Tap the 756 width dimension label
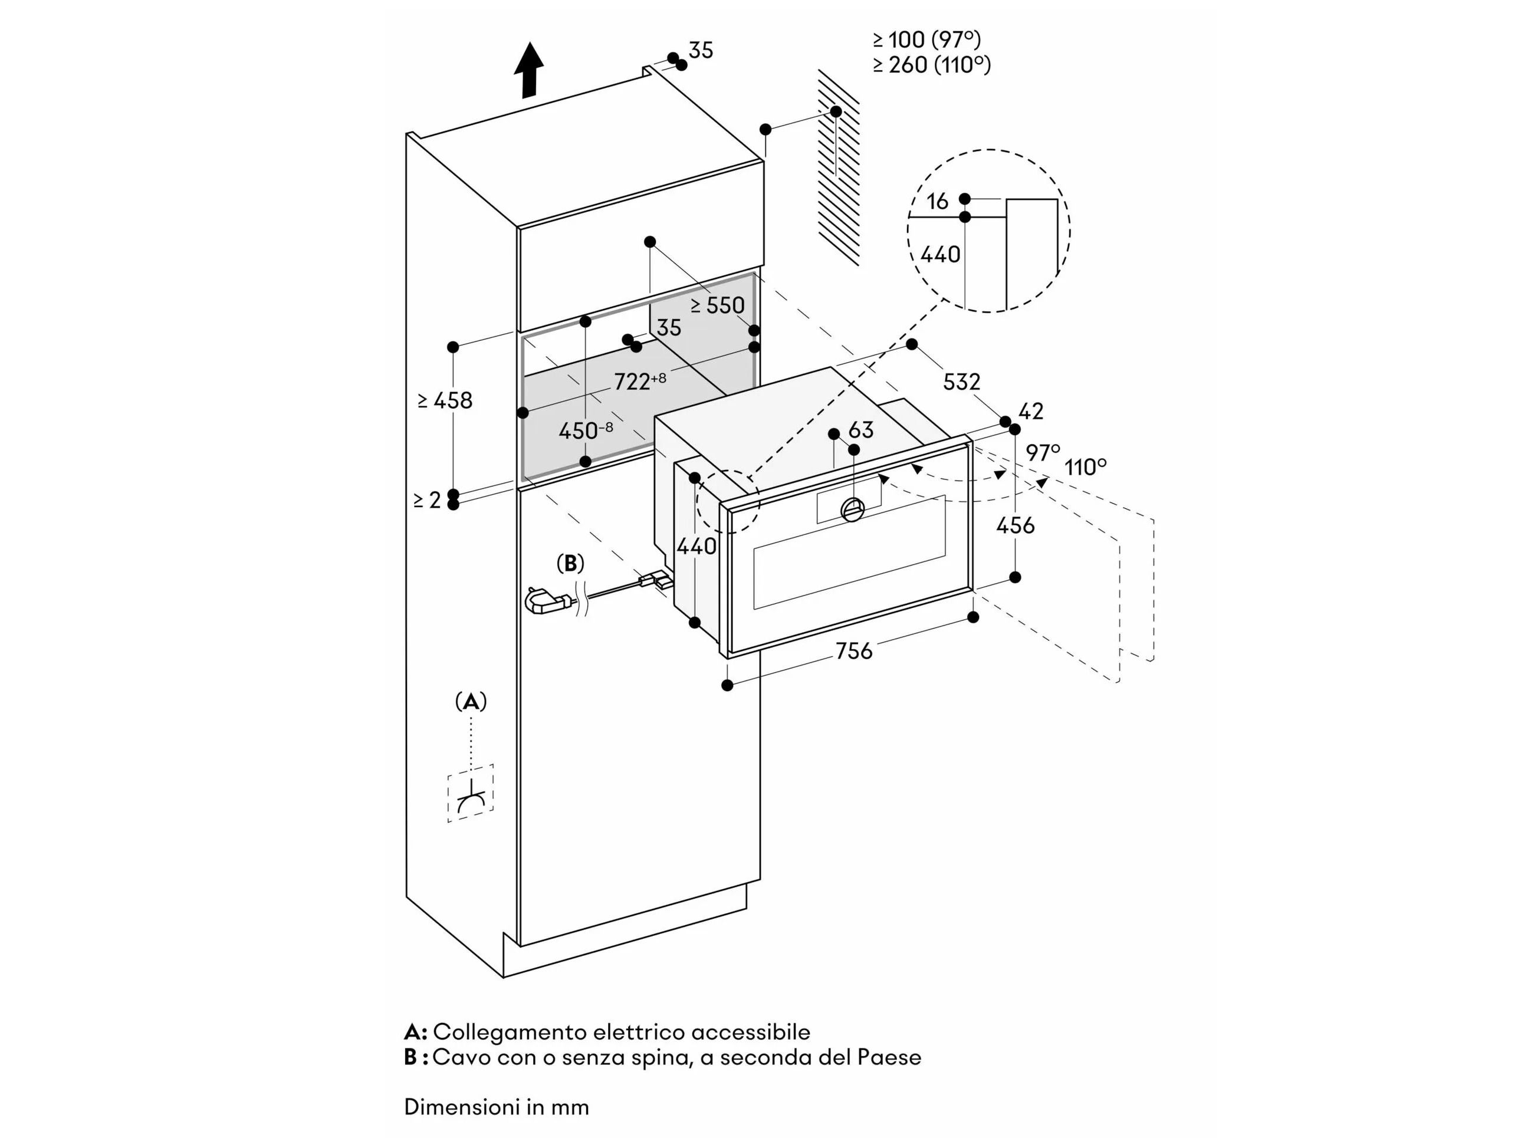coord(853,650)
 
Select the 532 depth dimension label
coord(961,381)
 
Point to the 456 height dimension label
coord(1015,525)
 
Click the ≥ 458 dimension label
coord(446,400)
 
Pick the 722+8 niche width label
coord(639,381)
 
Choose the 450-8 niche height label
coord(585,431)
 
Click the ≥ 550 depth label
coord(717,305)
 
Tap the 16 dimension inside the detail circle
coord(937,201)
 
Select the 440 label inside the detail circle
coord(940,254)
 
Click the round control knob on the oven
coord(853,509)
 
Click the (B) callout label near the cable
coord(570,564)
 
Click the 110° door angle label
coord(1086,468)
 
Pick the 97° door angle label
coord(1043,452)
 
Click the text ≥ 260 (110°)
coord(932,65)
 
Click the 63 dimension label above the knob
coord(861,430)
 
